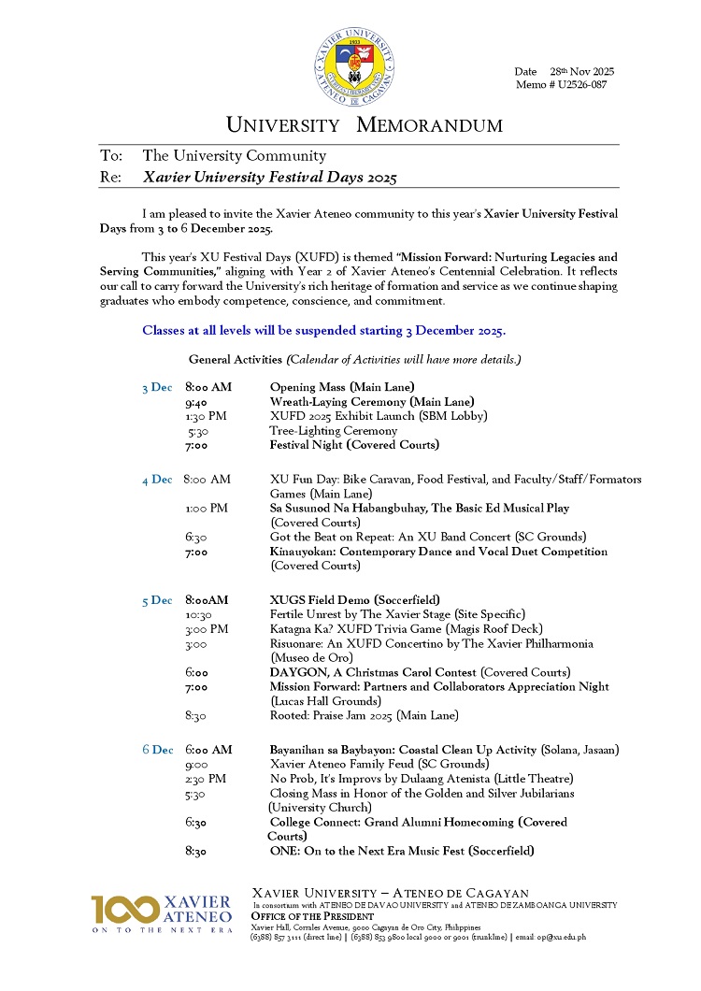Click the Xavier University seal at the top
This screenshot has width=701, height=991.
pyautogui.click(x=353, y=64)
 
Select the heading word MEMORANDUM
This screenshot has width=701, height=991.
pyautogui.click(x=430, y=125)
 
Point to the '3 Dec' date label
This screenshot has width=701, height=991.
pyautogui.click(x=157, y=387)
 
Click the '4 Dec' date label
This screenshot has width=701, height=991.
pyautogui.click(x=157, y=480)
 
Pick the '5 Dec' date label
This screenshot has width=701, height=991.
pyautogui.click(x=157, y=600)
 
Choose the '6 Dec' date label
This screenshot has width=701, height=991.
pyautogui.click(x=157, y=750)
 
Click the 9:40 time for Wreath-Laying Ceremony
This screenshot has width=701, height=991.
pyautogui.click(x=197, y=401)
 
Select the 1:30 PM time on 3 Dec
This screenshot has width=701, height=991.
pyautogui.click(x=207, y=416)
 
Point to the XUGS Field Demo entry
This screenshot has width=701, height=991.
pyautogui.click(x=341, y=600)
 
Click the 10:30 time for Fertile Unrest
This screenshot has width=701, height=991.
pyautogui.click(x=198, y=614)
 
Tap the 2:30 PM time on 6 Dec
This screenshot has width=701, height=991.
pyautogui.click(x=206, y=779)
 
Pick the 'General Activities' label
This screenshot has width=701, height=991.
pyautogui.click(x=236, y=360)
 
